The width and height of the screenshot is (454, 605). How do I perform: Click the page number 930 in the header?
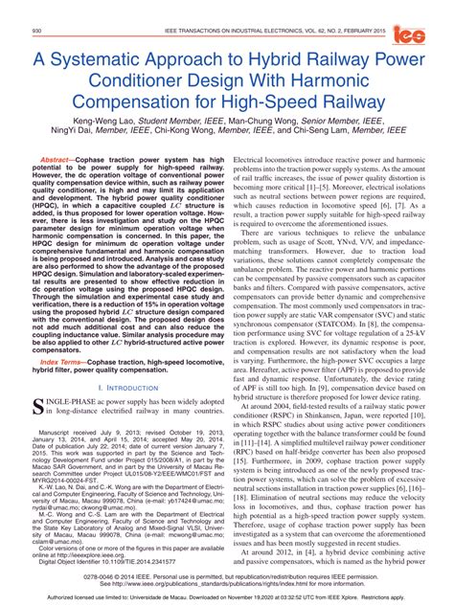(37, 32)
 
